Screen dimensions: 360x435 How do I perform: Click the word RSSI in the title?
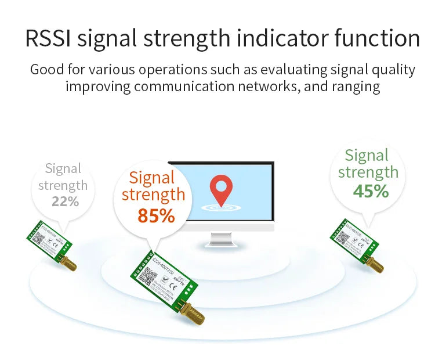click(x=48, y=39)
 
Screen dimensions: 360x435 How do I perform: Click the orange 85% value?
click(x=156, y=215)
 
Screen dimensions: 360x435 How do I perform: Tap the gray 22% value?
click(x=65, y=201)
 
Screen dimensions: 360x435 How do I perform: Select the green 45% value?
click(x=371, y=190)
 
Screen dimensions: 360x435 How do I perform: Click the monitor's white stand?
click(x=221, y=237)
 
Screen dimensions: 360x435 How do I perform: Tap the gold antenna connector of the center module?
click(x=189, y=314)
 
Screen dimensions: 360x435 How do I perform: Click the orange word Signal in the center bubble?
click(x=152, y=178)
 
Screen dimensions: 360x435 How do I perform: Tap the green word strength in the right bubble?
click(x=368, y=172)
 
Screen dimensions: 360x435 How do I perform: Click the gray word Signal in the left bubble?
click(x=63, y=169)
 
